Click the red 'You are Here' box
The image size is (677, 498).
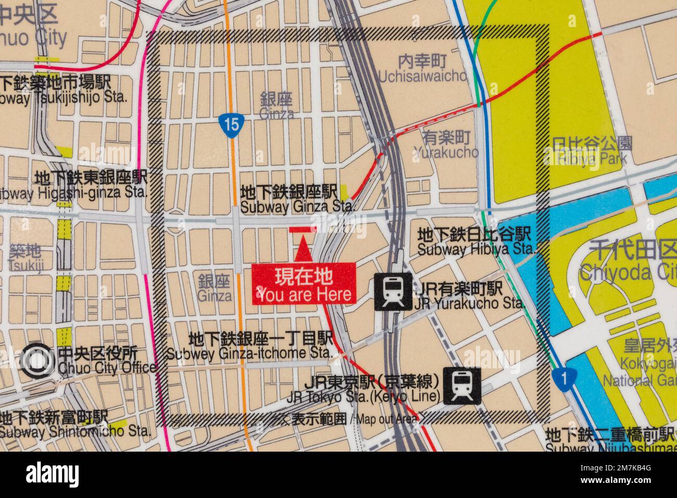(x=304, y=283)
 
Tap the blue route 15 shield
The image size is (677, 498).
(x=229, y=124)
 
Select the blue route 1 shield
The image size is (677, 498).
(x=563, y=379)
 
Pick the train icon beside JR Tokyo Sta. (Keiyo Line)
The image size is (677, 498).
(x=461, y=385)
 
